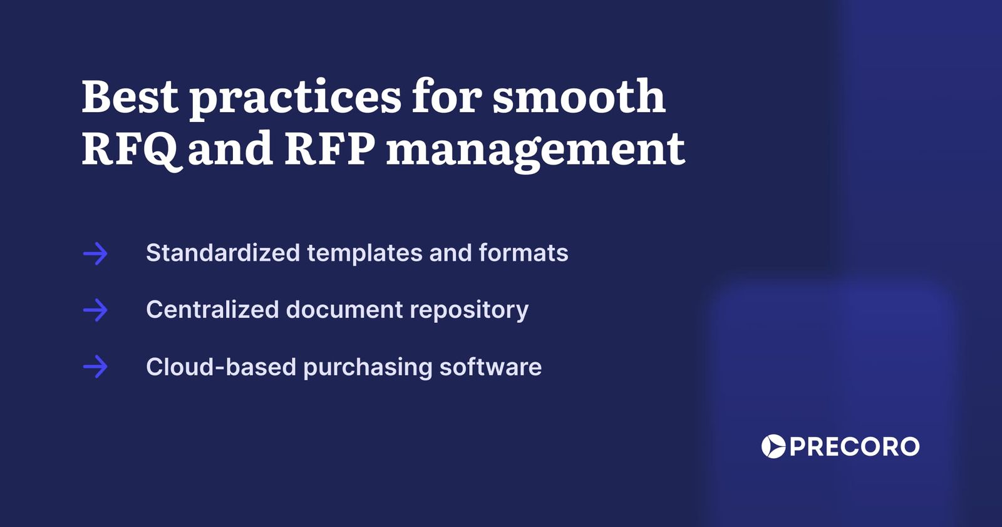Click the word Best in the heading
(130, 96)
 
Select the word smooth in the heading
(579, 96)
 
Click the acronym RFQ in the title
(130, 149)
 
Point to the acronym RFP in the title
(329, 148)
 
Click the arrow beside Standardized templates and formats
(95, 253)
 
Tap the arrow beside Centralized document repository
(95, 310)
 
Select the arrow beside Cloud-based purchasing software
(95, 367)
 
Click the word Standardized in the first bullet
(222, 253)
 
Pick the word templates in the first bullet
(364, 253)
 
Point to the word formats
(523, 253)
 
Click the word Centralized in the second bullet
(212, 310)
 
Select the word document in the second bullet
(344, 310)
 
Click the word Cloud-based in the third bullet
(220, 367)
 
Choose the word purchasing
(368, 367)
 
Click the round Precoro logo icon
(773, 446)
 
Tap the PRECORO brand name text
(854, 447)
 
